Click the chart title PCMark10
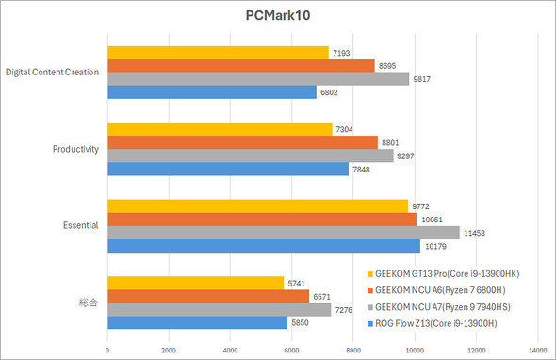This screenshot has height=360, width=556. pos(277,16)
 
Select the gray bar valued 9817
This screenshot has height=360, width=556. pos(258,79)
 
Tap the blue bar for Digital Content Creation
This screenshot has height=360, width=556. pos(212,92)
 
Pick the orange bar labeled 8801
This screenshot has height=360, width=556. pos(242,142)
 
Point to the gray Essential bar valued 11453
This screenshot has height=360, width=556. pos(284,232)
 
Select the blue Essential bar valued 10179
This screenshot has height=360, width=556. pos(264,245)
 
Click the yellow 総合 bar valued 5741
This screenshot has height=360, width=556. pos(196,283)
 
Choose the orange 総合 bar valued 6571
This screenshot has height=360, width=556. pos(208,296)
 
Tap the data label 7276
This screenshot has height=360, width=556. pos(347,309)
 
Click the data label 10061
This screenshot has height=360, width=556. pos(433,219)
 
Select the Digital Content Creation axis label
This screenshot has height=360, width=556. pos(53,73)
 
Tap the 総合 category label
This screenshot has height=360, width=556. pos(87,303)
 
